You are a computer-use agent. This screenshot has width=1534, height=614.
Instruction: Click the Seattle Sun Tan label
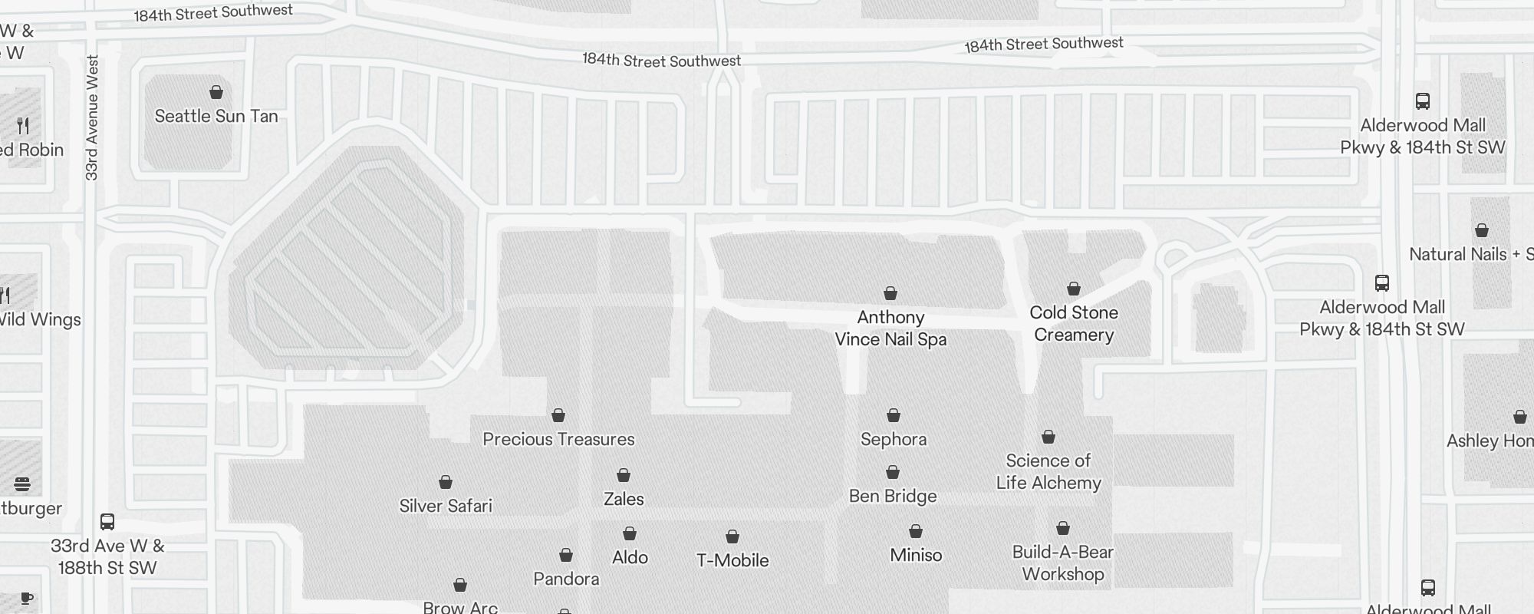216,116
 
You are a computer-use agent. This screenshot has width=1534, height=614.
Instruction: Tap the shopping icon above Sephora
894,415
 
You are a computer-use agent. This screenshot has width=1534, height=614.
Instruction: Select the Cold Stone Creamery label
1074,323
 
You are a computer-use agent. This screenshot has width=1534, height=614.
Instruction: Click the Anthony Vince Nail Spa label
890,328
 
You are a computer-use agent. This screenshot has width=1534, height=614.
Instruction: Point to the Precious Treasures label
558,439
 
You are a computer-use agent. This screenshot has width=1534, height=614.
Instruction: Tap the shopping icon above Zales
624,475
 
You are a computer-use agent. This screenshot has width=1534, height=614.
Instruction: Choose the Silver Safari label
446,506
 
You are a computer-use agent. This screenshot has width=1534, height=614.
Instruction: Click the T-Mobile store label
732,560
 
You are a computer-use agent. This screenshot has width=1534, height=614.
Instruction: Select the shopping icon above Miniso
916,531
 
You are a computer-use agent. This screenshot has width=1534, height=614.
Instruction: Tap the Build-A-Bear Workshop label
1063,563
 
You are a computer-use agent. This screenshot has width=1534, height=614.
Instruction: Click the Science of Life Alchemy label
1048,471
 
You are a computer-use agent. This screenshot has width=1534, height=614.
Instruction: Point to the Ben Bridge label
893,496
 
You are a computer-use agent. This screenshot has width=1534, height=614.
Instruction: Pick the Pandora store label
566,579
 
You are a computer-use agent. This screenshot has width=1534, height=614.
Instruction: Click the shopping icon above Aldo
630,533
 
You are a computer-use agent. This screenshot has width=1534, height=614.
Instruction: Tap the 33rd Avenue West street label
92,117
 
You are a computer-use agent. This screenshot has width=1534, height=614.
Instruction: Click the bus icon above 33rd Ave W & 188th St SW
107,522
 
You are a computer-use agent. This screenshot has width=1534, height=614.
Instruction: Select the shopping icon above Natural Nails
1482,230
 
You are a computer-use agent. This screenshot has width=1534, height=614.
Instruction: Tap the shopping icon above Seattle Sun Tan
216,92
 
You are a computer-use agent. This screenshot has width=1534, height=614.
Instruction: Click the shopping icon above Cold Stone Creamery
1074,289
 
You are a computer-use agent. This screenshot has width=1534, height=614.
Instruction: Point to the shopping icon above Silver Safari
446,482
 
